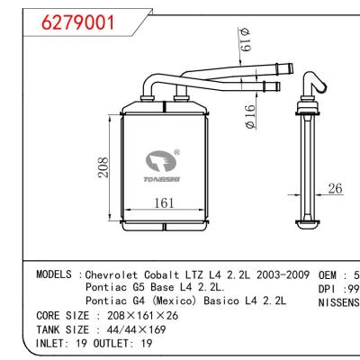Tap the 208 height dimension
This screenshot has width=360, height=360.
click(104, 167)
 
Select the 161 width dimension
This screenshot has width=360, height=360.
click(163, 203)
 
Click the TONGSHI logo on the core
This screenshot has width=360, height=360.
click(164, 166)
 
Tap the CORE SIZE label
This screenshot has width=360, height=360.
click(63, 316)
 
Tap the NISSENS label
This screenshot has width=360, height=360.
click(339, 301)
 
